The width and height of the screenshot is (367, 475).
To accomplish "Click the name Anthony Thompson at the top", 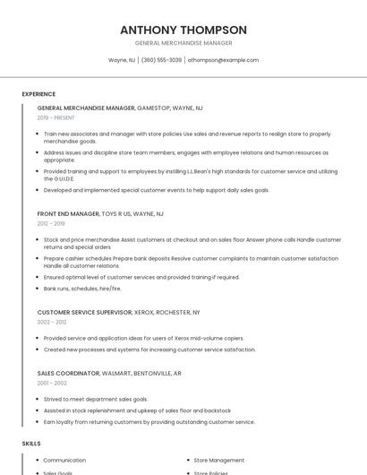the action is (x=183, y=30).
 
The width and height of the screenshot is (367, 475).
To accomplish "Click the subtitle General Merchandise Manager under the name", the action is (x=183, y=43).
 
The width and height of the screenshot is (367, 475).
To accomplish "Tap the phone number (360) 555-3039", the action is (x=161, y=60).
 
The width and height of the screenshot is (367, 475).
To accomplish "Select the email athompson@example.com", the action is (x=223, y=60).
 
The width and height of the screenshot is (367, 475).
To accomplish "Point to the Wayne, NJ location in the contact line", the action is (x=122, y=60).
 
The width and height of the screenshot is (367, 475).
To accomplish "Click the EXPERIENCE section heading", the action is (x=38, y=94).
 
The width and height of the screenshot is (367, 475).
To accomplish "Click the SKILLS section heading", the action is (x=31, y=444).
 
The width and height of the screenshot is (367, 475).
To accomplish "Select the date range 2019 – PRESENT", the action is (x=56, y=117).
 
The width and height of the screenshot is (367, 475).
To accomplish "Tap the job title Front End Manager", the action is (x=68, y=214).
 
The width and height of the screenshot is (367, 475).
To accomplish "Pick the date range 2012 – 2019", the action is (x=51, y=224).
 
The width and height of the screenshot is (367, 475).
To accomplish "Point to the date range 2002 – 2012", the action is (x=52, y=322).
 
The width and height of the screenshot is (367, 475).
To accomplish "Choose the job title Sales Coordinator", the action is (x=67, y=373).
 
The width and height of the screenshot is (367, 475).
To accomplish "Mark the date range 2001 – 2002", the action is (x=52, y=383).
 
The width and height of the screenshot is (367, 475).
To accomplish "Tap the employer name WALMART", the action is (x=119, y=373).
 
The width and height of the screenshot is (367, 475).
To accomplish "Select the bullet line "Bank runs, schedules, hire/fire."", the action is (x=82, y=289).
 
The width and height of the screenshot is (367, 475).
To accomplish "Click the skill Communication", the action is (x=64, y=460).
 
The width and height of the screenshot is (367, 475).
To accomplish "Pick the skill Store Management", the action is (x=219, y=460).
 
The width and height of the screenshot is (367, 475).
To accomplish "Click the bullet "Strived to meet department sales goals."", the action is (x=96, y=399).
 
